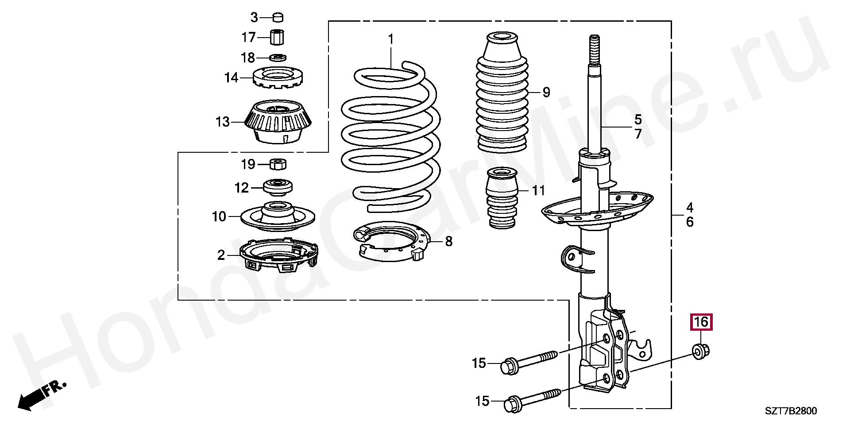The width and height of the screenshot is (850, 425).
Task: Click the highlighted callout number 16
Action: (x=701, y=322)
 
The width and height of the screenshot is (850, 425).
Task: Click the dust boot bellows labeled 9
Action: (x=502, y=95)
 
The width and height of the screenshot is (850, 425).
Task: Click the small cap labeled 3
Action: (x=278, y=18)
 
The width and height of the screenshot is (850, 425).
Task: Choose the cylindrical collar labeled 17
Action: (x=277, y=37)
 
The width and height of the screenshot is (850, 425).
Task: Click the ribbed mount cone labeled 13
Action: (x=278, y=121)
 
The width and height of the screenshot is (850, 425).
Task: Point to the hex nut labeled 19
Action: (x=278, y=164)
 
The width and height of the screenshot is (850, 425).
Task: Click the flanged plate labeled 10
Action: (x=278, y=217)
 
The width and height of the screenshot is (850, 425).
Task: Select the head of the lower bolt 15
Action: (x=512, y=404)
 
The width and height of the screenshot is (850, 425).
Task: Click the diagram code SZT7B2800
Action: (x=791, y=411)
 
